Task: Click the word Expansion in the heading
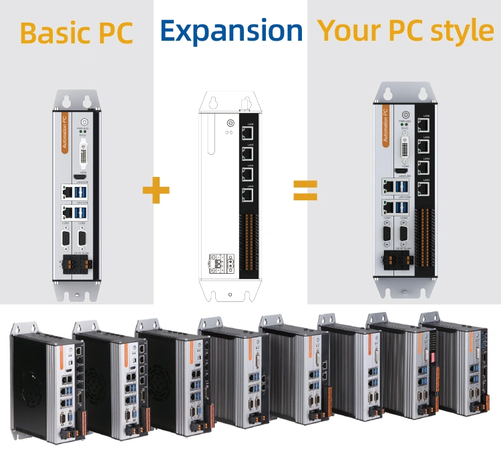click(x=231, y=31)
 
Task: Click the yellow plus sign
click(x=156, y=190)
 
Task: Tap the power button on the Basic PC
click(x=83, y=121)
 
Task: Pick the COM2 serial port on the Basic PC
click(x=82, y=238)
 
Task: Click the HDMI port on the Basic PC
click(x=83, y=176)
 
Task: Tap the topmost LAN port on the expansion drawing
click(x=248, y=132)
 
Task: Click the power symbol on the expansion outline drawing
click(x=230, y=124)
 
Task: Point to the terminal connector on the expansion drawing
click(x=220, y=264)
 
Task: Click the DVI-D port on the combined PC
click(x=404, y=150)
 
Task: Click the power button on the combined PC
click(x=404, y=113)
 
